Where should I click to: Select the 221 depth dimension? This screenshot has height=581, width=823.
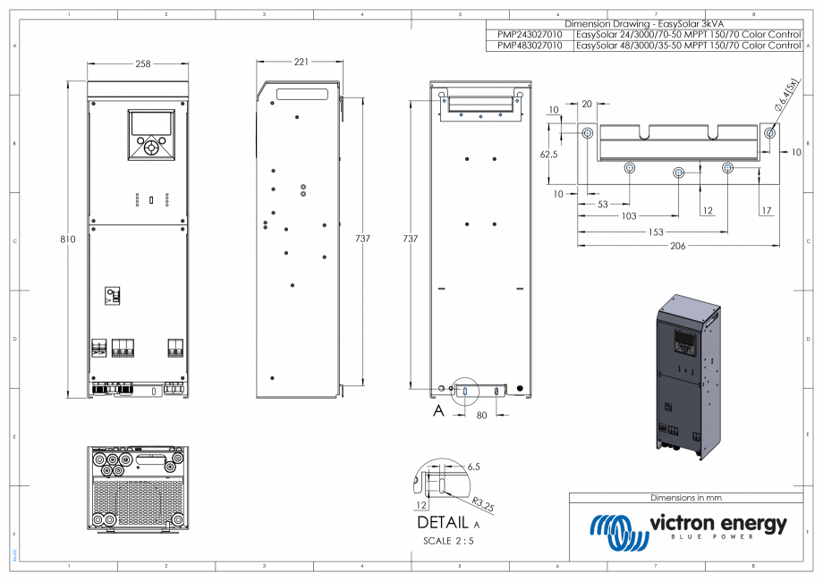coord(301,62)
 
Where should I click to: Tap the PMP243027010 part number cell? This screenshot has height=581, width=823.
coord(530,34)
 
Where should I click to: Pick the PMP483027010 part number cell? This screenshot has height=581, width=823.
coord(530,45)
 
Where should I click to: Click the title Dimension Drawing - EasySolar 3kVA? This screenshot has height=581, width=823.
coord(643,23)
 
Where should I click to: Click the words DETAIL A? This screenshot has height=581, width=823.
coord(448,523)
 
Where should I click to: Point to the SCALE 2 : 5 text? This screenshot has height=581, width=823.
coord(450,541)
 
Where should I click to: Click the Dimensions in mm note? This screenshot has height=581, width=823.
coord(685,497)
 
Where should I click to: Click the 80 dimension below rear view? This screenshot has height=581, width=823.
coord(481,414)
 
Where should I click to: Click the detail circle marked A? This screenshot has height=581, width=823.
coord(466,391)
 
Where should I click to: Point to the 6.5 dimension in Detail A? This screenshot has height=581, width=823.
coord(474,467)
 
